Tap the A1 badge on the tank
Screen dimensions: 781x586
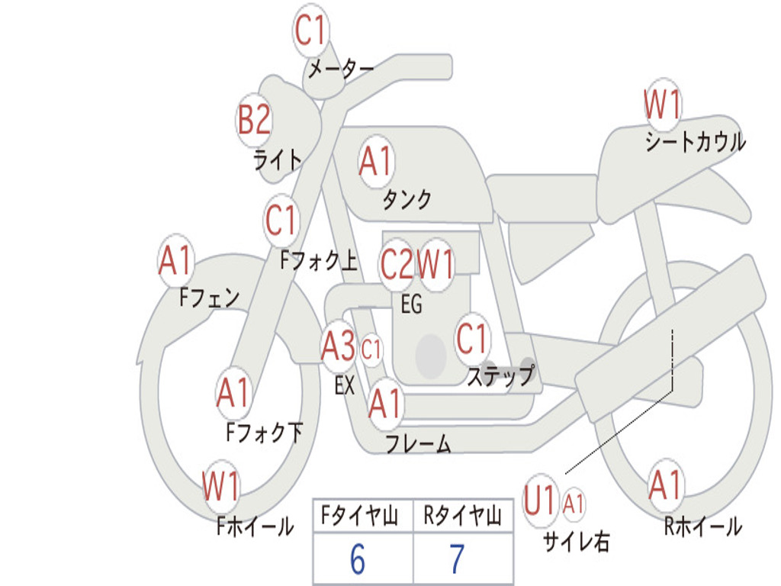coord(375,162)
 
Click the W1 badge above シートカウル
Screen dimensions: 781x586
coord(662,105)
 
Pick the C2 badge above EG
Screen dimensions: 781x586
coord(397,264)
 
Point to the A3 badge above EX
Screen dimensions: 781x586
coord(338,347)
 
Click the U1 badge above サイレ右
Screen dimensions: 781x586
coord(540,501)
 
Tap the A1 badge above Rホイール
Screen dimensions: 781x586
coord(666,485)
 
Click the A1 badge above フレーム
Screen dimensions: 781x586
coord(385,403)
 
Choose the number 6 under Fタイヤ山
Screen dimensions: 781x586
coord(358,560)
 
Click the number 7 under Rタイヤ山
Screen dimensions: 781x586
coord(457,560)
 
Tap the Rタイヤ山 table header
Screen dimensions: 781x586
coord(462,517)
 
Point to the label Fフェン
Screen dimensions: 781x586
coord(209,298)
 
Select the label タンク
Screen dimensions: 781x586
coord(407,200)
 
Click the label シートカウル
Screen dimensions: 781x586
coord(695,143)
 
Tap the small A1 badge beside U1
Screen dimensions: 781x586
coord(574,504)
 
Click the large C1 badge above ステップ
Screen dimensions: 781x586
coord(471,339)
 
